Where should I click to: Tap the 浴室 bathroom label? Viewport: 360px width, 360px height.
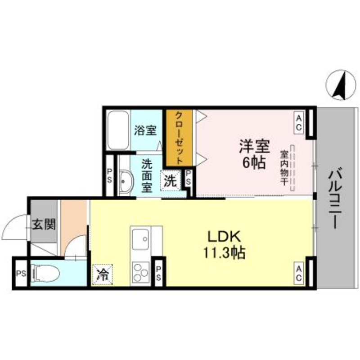click(145, 131)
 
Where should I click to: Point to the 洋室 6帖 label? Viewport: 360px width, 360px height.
click(254, 153)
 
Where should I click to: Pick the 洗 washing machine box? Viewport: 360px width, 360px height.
click(170, 181)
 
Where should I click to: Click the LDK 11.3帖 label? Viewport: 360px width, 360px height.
click(225, 244)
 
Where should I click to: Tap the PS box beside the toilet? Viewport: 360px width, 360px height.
click(20, 274)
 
